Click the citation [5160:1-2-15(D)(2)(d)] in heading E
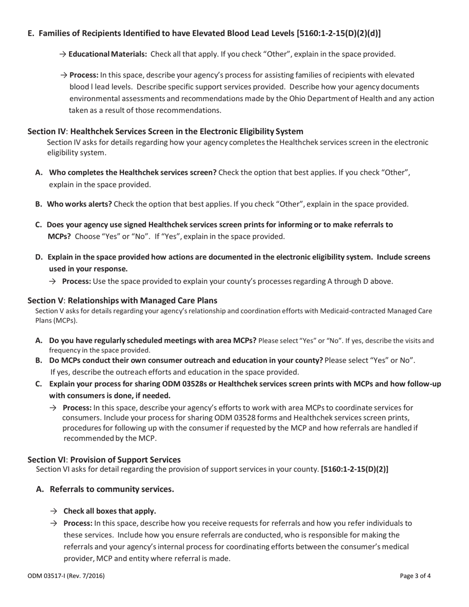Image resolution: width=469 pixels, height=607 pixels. (339, 34)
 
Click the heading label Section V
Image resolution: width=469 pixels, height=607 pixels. (45, 301)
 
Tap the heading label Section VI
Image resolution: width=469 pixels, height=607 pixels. (46, 459)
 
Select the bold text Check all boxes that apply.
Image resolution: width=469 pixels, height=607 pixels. (110, 511)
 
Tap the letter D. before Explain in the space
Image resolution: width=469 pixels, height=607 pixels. (39, 257)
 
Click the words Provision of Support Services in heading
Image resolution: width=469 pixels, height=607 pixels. (125, 459)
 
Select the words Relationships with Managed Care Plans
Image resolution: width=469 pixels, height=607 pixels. (144, 301)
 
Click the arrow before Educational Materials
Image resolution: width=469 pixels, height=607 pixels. (63, 54)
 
